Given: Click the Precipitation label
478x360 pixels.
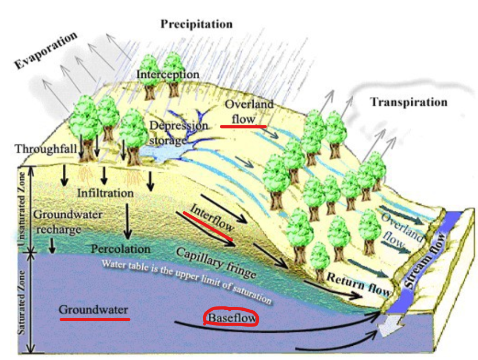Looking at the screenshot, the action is tap(197, 24).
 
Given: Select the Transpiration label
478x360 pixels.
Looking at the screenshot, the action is tap(409, 102).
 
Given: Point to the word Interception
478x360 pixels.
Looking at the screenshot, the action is tap(168, 74).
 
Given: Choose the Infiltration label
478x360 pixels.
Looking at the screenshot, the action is tap(105, 193).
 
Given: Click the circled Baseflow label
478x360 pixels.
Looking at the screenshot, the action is tap(231, 317).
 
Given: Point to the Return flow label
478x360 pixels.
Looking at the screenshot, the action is tap(359, 282).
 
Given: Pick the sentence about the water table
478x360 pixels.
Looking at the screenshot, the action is tap(186, 281).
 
